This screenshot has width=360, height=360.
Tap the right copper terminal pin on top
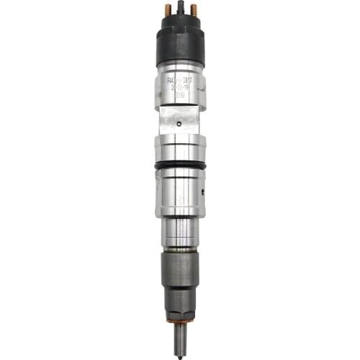(x=192, y=11)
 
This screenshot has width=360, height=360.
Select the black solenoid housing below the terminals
(x=181, y=43)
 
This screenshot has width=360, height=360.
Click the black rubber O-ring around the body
(x=180, y=165)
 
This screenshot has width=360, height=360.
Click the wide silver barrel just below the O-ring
(x=180, y=191)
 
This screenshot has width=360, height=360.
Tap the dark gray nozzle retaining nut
(x=180, y=274)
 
